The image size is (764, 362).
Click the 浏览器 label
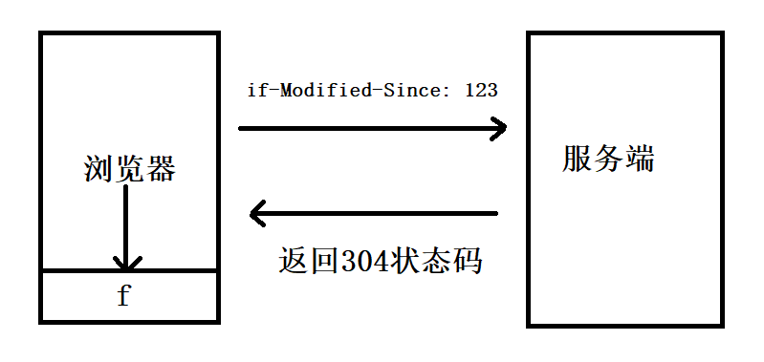[130, 170]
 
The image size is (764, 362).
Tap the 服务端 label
[609, 159]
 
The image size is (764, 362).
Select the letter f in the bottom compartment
[123, 296]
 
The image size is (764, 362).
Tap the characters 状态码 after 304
[436, 260]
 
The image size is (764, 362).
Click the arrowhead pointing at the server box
[498, 128]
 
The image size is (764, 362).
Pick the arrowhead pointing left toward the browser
[257, 213]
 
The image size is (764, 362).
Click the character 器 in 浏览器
[161, 170]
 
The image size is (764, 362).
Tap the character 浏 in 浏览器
[99, 170]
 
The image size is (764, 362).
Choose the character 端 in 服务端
[640, 159]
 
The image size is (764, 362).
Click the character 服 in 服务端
[578, 159]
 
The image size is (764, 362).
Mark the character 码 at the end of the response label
[467, 260]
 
